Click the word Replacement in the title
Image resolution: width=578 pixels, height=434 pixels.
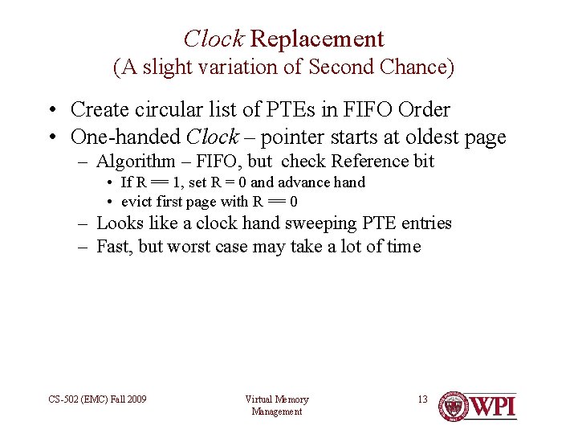318,39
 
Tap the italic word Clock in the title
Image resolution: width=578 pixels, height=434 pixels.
214,39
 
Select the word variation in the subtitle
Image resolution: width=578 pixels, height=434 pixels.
247,68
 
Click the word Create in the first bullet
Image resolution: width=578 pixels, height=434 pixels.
100,110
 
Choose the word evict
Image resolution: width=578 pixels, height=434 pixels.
136,201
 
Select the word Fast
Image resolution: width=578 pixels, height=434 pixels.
113,246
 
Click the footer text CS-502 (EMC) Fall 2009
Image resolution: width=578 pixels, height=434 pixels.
98,399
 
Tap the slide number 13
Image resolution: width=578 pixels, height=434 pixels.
422,399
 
